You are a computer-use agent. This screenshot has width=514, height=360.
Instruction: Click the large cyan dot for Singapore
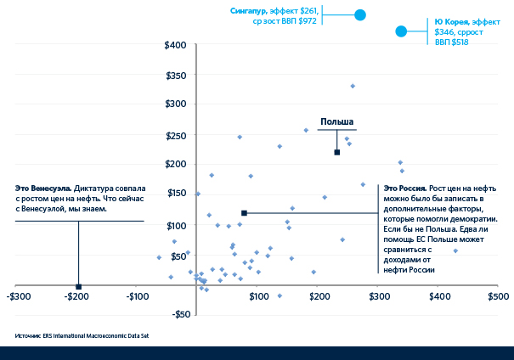359,14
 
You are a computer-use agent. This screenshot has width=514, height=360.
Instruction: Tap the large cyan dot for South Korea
401,31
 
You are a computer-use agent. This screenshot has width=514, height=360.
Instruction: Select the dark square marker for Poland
337,152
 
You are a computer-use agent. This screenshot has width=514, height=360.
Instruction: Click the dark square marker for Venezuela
79,286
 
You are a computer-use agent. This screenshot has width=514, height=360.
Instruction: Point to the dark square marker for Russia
244,213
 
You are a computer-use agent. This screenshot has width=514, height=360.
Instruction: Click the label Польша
336,121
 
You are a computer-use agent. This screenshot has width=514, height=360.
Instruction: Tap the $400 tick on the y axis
176,44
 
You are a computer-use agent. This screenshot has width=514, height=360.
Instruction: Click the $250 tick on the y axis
176,135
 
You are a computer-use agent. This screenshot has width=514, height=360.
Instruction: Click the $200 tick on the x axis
318,296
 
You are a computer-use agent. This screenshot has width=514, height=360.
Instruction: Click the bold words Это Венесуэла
43,187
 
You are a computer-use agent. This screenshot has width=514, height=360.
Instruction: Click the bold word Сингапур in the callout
248,10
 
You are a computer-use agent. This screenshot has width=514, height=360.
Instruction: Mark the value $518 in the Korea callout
460,42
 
